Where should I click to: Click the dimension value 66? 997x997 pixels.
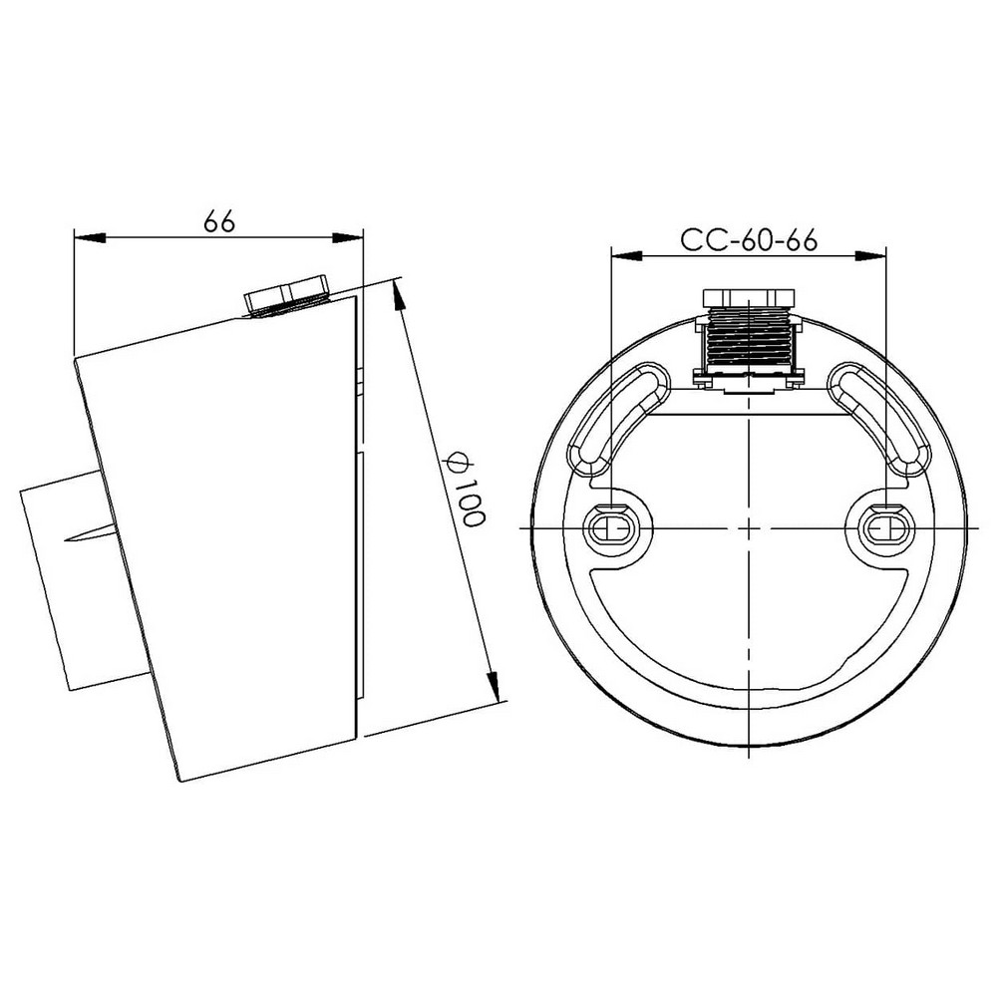(x=219, y=220)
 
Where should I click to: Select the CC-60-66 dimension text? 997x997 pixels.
(x=749, y=240)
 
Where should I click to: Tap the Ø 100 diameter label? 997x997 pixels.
(x=465, y=490)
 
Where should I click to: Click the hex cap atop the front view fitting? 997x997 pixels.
(x=749, y=297)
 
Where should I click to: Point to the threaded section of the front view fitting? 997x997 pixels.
(x=749, y=339)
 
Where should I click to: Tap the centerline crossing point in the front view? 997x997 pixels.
(x=749, y=525)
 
